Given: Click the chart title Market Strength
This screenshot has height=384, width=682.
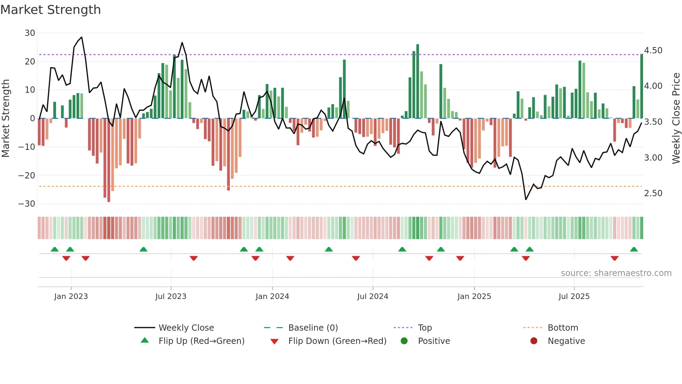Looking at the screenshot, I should (50, 10).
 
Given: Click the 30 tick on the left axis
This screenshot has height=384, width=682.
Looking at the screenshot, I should (30, 33).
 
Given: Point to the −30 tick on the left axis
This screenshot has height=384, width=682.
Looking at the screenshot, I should (27, 204).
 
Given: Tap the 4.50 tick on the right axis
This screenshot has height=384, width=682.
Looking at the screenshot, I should (653, 51).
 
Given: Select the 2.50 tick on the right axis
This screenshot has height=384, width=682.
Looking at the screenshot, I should (653, 193).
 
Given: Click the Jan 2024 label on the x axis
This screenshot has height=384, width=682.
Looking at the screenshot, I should (272, 297).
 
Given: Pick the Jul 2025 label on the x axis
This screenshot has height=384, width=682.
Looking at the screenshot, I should (574, 297).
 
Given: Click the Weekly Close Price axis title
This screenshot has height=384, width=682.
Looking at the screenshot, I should (676, 118).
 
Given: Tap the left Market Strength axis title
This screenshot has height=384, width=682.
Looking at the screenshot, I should (6, 118).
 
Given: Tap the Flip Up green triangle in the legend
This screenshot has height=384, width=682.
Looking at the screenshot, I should (145, 340).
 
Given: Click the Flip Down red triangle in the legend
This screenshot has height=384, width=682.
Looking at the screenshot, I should (274, 341).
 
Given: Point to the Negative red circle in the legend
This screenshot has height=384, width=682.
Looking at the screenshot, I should (534, 341).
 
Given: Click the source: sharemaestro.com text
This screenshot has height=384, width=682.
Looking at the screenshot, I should (616, 273).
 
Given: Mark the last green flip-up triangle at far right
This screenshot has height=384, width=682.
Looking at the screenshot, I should (634, 249).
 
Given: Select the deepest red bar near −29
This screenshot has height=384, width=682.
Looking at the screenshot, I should (109, 160).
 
